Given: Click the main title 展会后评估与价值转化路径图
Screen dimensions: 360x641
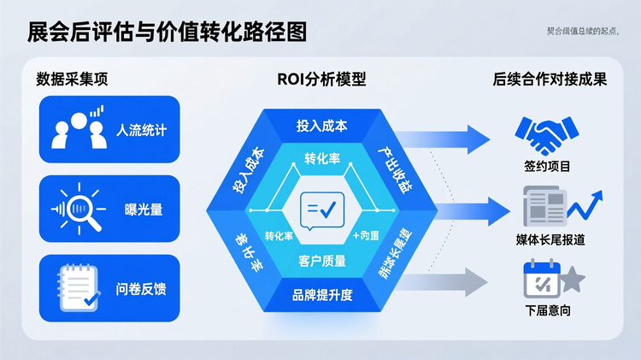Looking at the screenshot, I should (167, 32).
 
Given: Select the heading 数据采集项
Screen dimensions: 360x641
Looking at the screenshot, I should (72, 80).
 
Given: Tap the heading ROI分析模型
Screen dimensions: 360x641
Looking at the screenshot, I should (321, 80).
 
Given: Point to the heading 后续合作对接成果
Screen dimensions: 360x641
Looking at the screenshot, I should (550, 80).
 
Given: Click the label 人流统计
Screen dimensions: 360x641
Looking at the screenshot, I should (142, 131).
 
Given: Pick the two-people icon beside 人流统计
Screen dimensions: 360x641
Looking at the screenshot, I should (74, 128).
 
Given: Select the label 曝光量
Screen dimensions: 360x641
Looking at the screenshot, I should (142, 209).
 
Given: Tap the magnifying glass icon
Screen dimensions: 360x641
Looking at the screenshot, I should (76, 208).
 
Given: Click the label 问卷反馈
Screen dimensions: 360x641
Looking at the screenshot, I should (142, 288).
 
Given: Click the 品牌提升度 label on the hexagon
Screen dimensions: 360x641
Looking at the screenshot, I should (322, 295).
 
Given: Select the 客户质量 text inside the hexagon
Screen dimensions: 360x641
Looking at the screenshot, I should (322, 261).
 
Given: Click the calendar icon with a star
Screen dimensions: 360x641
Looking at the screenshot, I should (551, 280).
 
